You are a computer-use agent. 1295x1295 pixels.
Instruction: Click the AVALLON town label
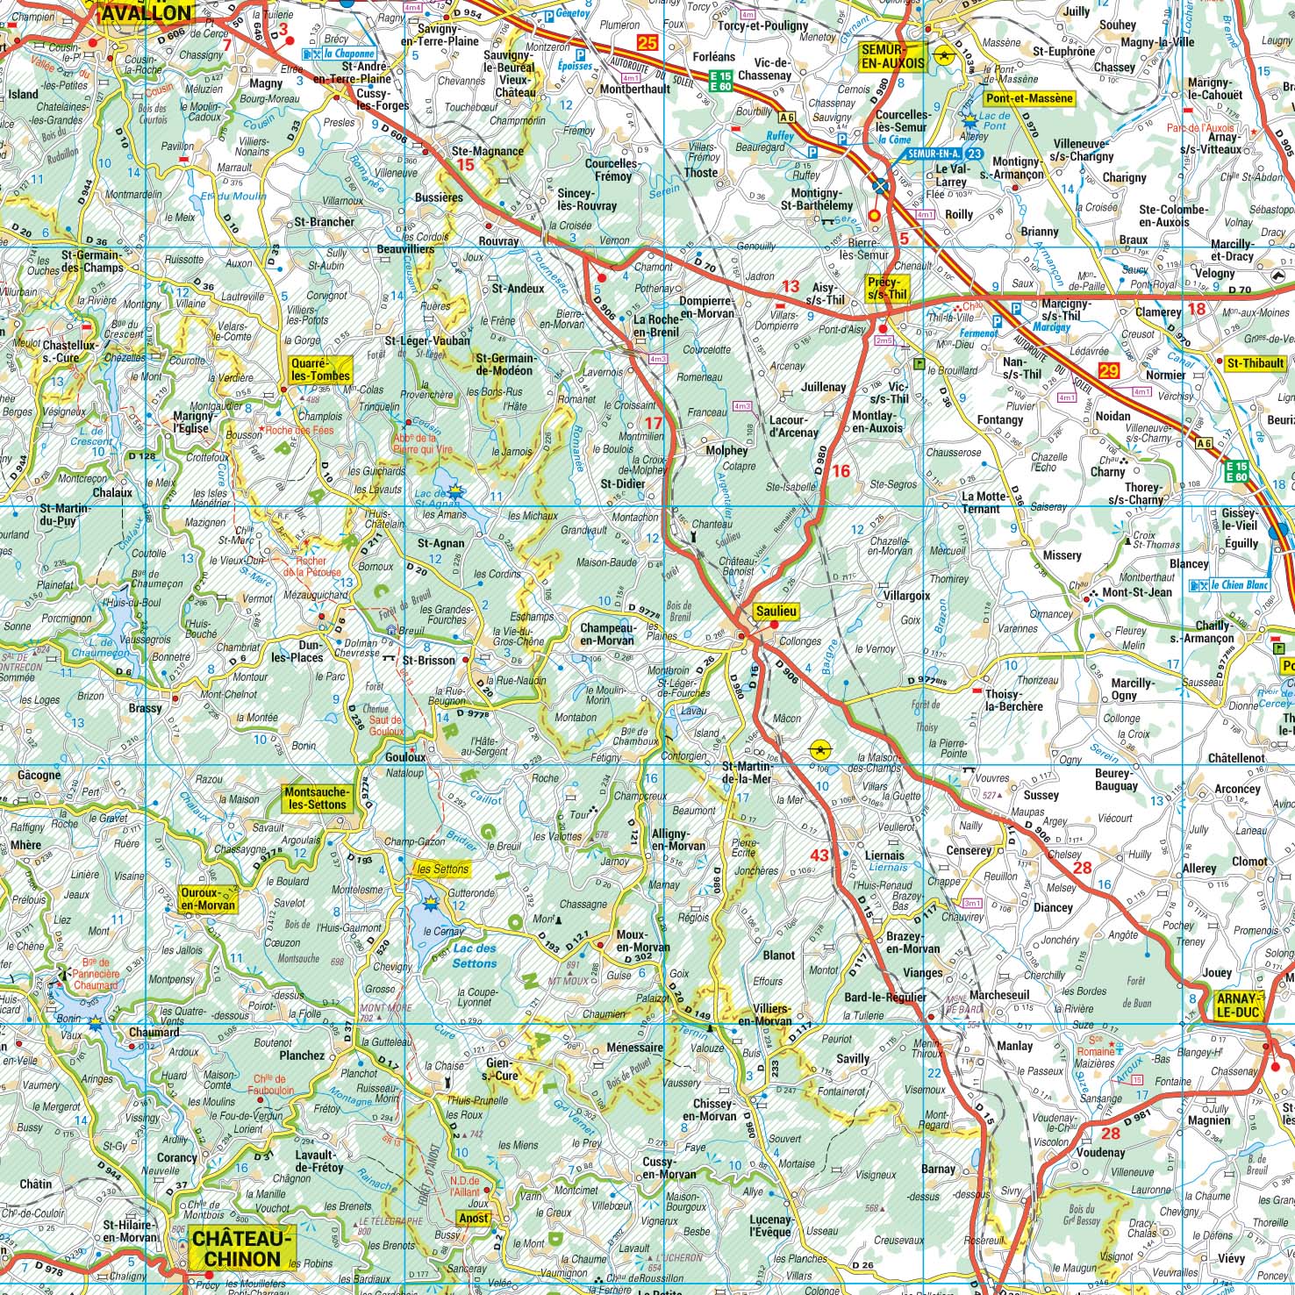147,13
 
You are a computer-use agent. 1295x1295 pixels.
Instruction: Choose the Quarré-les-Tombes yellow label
321,368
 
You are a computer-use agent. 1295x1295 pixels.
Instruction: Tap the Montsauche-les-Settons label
317,798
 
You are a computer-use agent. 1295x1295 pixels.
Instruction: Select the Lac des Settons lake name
474,955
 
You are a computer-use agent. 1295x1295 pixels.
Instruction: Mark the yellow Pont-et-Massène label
1029,98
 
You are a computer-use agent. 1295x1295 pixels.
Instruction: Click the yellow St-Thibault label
1255,362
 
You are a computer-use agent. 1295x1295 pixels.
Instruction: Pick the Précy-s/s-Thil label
885,288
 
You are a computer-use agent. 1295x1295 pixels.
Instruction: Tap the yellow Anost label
474,1219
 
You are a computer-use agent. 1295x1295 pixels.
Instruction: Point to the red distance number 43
819,855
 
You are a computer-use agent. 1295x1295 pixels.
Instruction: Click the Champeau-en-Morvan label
607,634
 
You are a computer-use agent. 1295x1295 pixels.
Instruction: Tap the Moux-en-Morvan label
643,941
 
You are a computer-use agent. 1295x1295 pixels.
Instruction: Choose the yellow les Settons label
442,869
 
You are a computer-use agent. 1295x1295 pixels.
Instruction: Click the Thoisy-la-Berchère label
1014,699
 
